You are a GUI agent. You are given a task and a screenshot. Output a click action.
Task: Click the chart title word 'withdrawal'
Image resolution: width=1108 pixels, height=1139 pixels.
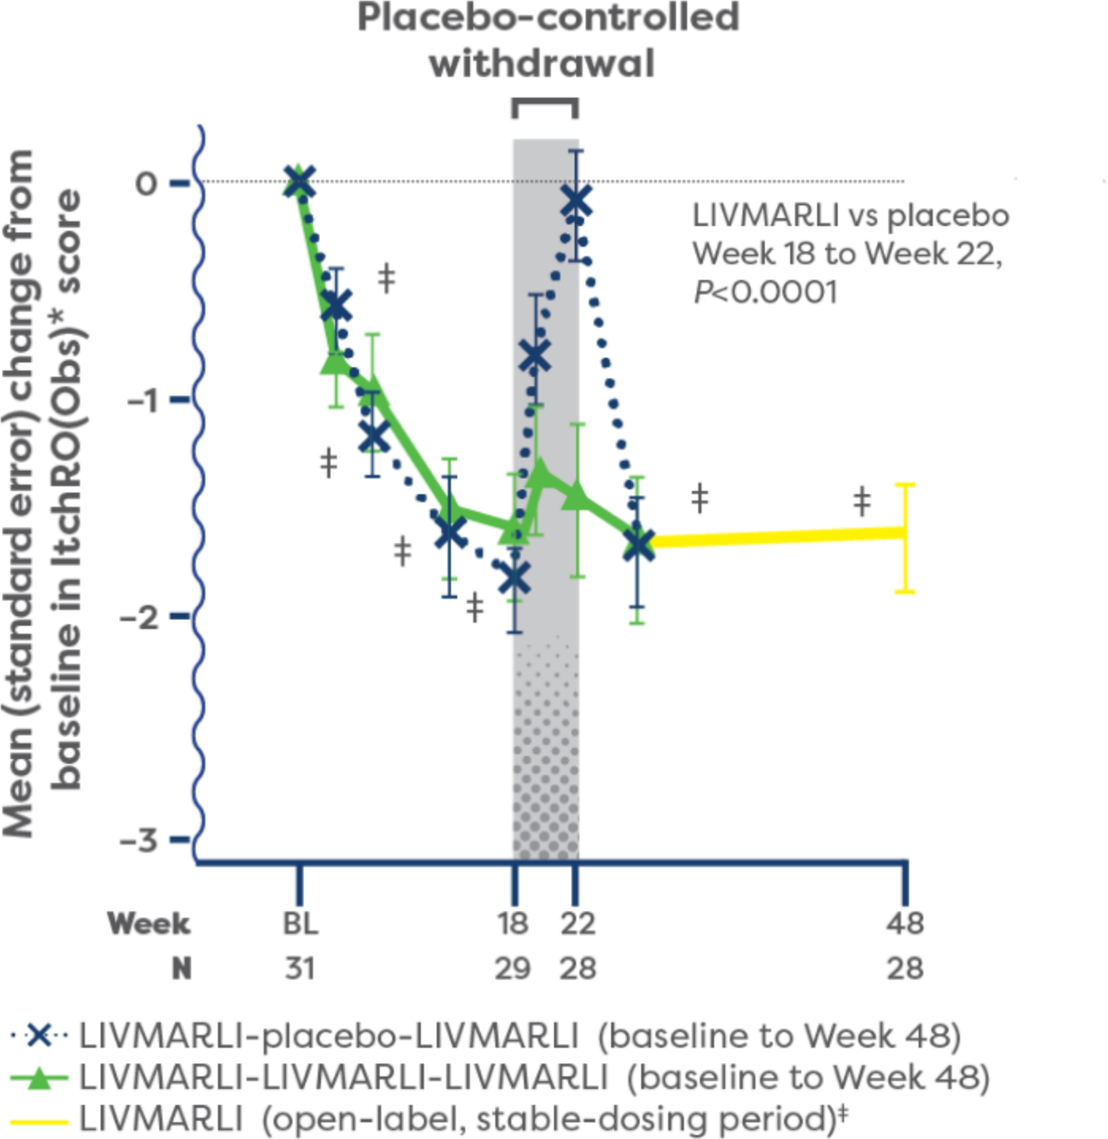click(x=543, y=63)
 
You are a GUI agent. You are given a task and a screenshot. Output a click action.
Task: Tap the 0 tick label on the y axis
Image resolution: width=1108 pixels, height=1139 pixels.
click(x=147, y=183)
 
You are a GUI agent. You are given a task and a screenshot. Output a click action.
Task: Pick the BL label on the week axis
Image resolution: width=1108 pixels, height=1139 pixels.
click(x=300, y=923)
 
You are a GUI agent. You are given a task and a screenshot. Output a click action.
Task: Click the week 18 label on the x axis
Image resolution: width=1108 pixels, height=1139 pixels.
click(x=514, y=923)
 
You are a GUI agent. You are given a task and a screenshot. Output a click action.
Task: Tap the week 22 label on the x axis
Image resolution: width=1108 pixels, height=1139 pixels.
click(x=578, y=923)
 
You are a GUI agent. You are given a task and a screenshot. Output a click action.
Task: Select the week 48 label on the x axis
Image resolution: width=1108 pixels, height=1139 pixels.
click(x=905, y=923)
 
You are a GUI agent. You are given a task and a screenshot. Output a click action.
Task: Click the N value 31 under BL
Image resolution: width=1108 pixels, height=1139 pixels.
click(x=300, y=968)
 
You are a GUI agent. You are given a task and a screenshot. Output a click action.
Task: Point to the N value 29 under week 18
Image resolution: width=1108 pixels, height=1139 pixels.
click(x=513, y=968)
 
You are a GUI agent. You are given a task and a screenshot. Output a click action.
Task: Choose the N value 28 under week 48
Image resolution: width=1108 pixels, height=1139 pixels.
click(x=905, y=968)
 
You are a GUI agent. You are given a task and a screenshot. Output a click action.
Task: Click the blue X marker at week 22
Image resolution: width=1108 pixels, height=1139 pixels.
click(x=576, y=201)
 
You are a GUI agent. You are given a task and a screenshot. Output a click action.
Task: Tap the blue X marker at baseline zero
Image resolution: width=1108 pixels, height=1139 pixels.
click(x=300, y=182)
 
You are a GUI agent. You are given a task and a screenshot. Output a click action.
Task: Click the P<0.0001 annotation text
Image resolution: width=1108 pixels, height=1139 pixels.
click(x=766, y=293)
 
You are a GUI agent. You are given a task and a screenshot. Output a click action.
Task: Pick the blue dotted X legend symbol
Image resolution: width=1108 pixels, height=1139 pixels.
click(x=40, y=1036)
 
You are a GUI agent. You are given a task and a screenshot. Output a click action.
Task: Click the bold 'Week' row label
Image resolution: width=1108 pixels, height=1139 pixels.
click(x=149, y=923)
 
